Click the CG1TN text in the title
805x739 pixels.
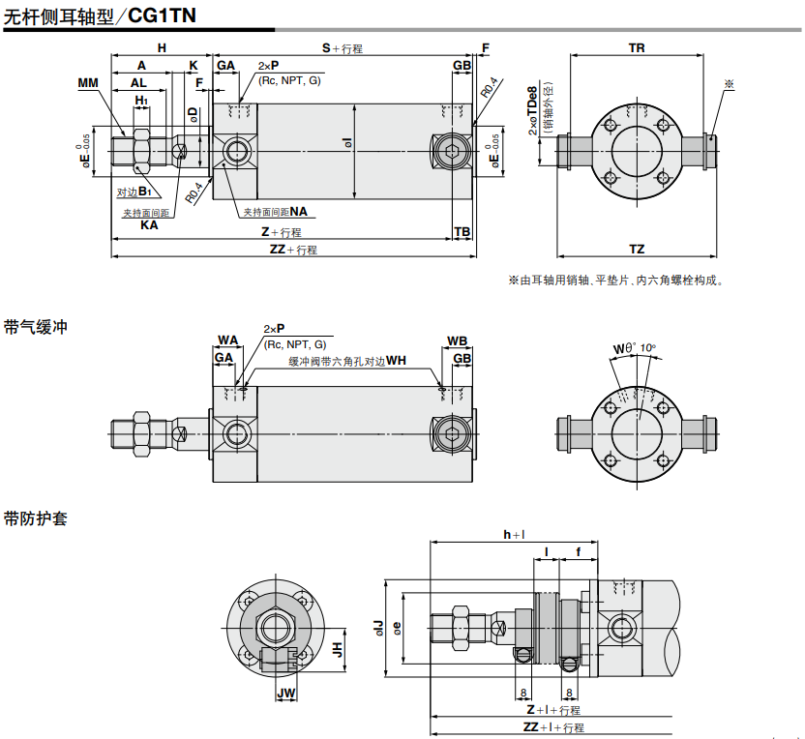(162, 15)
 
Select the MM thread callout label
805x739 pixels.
(88, 82)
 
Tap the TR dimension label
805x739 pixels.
(637, 47)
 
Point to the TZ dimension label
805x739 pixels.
(637, 249)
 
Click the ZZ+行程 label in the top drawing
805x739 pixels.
(294, 250)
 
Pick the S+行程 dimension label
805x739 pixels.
(343, 48)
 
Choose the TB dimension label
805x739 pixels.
(462, 232)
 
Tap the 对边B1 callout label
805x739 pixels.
(134, 192)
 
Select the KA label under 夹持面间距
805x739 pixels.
(149, 224)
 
